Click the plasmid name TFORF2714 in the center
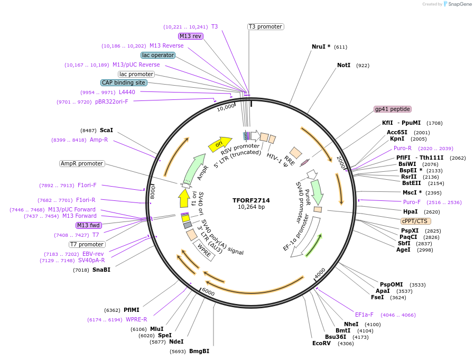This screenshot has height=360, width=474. (x=251, y=200)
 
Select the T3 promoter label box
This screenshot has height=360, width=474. (x=265, y=26)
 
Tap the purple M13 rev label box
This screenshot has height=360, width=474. (x=190, y=36)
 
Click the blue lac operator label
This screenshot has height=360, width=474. (x=158, y=55)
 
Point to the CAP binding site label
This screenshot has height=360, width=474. (x=124, y=82)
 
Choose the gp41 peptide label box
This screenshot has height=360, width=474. (x=392, y=109)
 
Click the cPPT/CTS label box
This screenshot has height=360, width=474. (x=415, y=221)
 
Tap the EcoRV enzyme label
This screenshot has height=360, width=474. (x=321, y=344)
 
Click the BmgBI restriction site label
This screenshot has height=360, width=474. (x=199, y=351)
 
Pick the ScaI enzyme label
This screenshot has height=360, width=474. (x=106, y=130)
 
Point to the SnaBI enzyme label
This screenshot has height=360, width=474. (x=101, y=270)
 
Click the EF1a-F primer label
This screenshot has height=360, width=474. (x=364, y=315)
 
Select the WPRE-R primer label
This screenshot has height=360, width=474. (x=136, y=319)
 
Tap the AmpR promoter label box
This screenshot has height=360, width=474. (x=82, y=163)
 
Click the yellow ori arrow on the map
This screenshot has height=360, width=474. (x=220, y=143)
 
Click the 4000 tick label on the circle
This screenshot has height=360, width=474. (x=320, y=273)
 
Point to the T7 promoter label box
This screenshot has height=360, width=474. (x=87, y=244)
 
